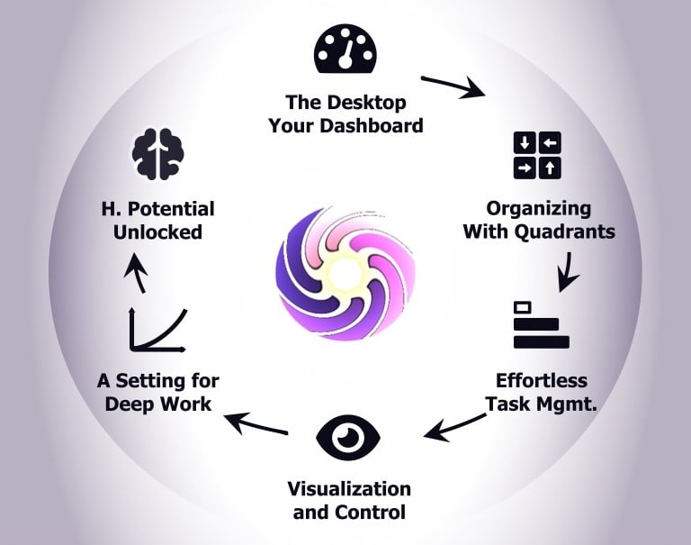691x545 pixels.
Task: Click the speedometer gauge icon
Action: click(x=345, y=50)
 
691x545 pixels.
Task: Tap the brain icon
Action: click(x=157, y=155)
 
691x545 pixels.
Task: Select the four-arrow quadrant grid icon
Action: click(x=536, y=155)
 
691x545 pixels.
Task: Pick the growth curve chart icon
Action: click(x=157, y=329)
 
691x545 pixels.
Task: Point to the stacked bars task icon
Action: click(x=540, y=325)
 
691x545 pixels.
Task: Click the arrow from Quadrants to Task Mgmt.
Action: click(x=567, y=270)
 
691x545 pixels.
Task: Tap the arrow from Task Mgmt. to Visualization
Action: click(x=454, y=427)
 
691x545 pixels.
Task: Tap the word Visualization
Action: click(x=349, y=489)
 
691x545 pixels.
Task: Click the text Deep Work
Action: click(x=158, y=403)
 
